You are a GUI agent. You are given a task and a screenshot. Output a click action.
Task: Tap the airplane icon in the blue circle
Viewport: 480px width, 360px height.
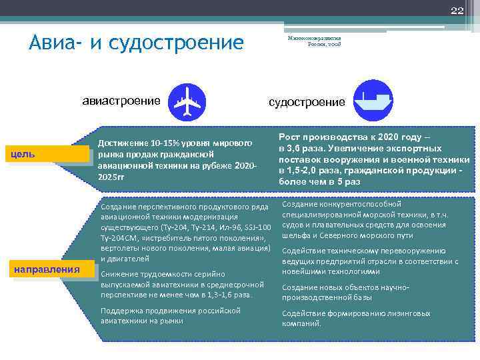point(187,101)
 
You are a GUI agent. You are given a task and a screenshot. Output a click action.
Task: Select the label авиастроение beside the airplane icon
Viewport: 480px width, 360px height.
point(121,101)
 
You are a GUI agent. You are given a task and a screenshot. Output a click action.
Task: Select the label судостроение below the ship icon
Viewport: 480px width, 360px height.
point(307,101)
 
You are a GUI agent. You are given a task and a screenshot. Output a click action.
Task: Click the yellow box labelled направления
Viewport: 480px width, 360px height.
point(47,270)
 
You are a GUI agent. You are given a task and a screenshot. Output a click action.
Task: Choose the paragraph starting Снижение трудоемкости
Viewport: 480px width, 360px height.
point(176,284)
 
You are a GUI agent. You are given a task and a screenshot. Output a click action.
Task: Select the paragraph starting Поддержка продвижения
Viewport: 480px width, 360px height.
point(170,315)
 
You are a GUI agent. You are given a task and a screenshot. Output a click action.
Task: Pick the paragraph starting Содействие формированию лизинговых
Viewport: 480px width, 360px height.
point(356,318)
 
